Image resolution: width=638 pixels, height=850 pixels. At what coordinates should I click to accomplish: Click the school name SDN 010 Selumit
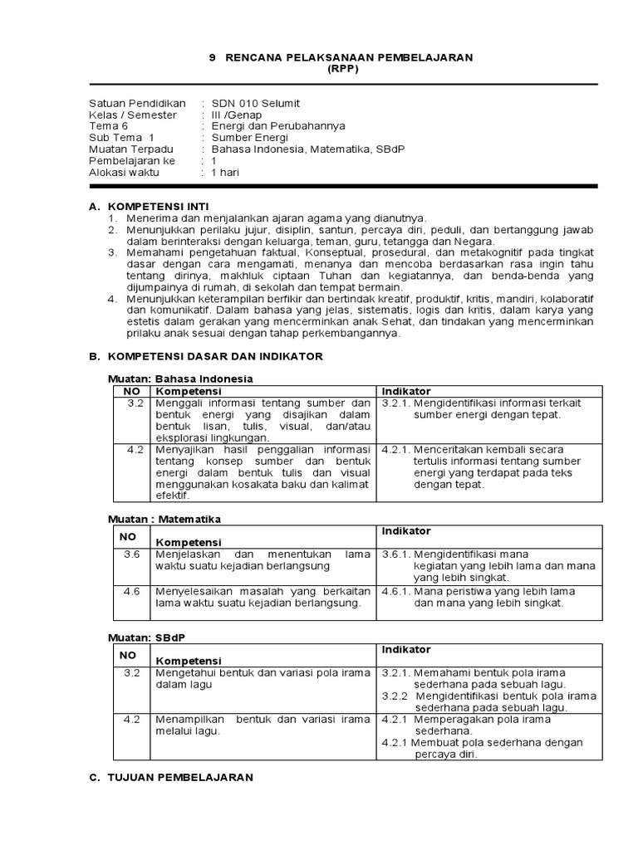255,103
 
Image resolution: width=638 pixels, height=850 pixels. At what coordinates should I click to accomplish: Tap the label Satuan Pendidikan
137,103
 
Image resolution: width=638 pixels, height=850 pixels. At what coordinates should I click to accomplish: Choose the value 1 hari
225,173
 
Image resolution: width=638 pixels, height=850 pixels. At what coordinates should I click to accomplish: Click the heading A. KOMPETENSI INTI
149,205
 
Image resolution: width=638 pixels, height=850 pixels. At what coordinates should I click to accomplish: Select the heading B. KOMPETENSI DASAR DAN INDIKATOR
205,356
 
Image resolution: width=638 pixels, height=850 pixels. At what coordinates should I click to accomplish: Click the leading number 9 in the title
211,58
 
